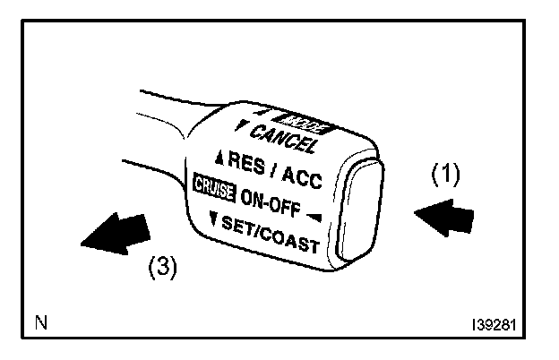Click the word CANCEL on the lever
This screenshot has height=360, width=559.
click(x=282, y=139)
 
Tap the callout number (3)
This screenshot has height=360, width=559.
click(x=160, y=270)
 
